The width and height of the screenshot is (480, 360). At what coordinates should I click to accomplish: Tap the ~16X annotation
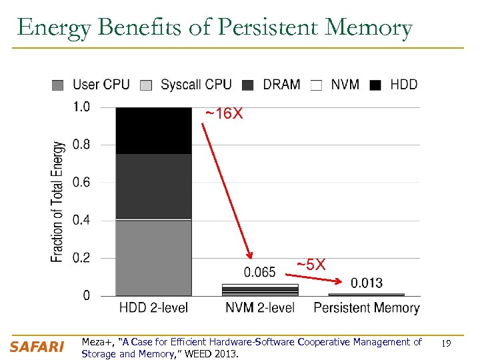point(224,115)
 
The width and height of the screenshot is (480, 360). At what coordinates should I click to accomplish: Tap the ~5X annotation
point(311,265)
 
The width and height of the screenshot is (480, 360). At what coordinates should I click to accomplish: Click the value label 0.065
point(260,272)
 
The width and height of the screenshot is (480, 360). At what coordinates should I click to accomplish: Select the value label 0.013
point(367,283)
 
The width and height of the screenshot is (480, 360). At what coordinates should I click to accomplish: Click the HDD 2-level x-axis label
point(153,308)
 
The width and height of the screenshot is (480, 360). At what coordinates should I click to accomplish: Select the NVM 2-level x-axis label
point(260,308)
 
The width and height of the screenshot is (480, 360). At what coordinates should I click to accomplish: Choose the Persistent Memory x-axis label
point(367,308)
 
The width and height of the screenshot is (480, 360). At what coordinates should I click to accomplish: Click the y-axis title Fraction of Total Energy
point(59,201)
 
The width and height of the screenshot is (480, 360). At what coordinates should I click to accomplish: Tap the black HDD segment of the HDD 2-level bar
point(153,131)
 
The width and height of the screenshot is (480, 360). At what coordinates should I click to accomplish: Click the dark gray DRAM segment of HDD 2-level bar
point(153,186)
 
